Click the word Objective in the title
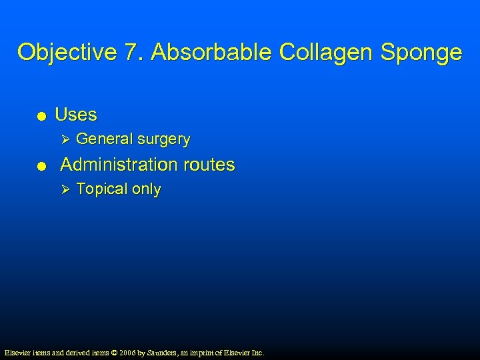click(x=59, y=52)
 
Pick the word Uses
click(x=76, y=115)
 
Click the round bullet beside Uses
click(x=41, y=116)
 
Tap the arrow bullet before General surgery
click(x=65, y=139)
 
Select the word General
click(x=104, y=139)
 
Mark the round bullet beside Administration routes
click(x=41, y=166)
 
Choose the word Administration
click(x=119, y=165)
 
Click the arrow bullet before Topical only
click(x=65, y=189)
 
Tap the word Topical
click(x=102, y=190)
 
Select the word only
click(x=147, y=190)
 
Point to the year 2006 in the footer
click(x=127, y=352)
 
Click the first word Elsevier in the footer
click(x=17, y=352)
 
